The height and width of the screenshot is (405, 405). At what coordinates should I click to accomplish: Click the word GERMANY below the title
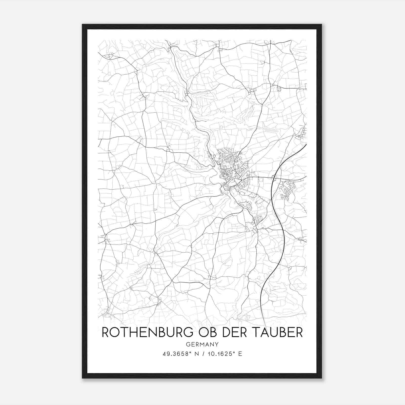pos(202,345)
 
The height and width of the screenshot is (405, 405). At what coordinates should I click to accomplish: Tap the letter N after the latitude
pos(195,354)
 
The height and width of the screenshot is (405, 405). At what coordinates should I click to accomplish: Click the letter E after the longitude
pos(240,354)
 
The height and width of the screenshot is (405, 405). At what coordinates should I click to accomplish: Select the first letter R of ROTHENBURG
pos(105,332)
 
